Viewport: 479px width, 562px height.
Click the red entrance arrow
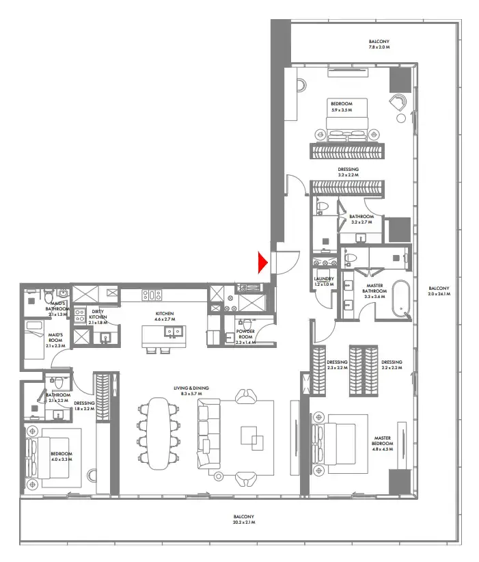tap(262, 262)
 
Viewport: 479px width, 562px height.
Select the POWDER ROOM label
tap(245, 334)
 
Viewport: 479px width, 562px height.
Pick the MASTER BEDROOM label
tap(381, 442)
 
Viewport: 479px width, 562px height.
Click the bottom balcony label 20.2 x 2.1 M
tap(243, 520)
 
